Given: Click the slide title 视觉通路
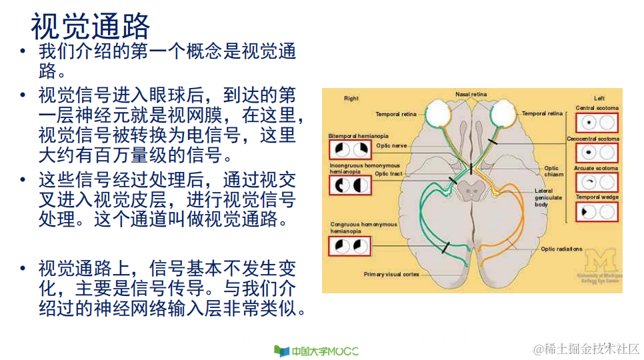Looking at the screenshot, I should click(91, 27).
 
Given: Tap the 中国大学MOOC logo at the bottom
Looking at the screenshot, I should click(316, 351).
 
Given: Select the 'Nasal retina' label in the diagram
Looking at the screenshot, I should click(471, 95).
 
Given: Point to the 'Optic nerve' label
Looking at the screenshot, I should click(391, 145).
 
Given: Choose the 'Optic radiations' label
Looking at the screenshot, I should click(561, 249).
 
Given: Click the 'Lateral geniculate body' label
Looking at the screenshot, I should click(549, 197).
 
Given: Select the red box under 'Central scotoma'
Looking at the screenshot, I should click(597, 123).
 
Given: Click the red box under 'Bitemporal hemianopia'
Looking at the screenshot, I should click(350, 149).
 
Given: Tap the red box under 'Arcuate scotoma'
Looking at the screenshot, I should click(597, 182).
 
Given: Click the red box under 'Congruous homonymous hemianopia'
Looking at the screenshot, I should click(350, 246).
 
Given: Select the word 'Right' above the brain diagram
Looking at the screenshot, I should click(351, 99).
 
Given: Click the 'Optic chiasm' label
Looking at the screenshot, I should click(551, 171).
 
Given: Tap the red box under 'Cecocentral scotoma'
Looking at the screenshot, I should click(597, 153).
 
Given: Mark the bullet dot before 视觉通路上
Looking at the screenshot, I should click(23, 269).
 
